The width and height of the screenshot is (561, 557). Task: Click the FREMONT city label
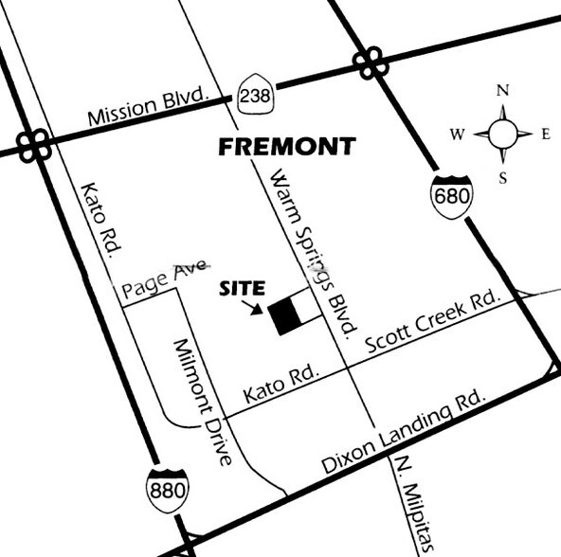(287, 147)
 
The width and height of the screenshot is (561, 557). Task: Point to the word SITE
(244, 290)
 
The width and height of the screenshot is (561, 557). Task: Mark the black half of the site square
(281, 317)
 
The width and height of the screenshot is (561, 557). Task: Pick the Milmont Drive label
(200, 402)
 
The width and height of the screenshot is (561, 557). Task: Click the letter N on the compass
(504, 91)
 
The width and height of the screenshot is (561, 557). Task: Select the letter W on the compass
(457, 135)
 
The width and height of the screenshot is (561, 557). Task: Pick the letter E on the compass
(546, 135)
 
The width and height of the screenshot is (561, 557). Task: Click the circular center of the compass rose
(503, 135)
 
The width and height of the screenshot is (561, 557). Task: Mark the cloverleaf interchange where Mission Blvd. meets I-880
(35, 145)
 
